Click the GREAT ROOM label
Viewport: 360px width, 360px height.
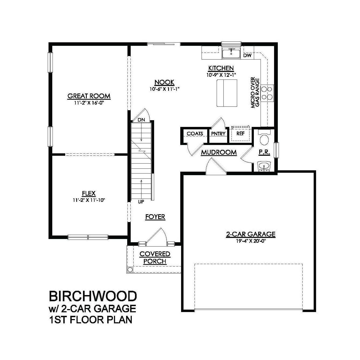pos(89,96)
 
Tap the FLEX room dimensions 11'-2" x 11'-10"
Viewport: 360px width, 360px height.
pos(89,200)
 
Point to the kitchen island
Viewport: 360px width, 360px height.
pos(227,93)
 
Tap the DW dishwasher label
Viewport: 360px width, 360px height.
pos(247,56)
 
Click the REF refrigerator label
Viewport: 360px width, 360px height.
pos(240,133)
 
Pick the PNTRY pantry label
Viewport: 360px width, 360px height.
pos(218,134)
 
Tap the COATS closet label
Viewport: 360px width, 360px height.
pos(195,134)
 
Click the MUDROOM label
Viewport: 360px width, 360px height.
pos(219,153)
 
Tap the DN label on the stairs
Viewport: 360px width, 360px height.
pos(141,120)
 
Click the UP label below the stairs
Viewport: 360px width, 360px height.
pos(141,202)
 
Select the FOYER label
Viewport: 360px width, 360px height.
pos(155,217)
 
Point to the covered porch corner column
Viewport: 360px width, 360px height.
pos(130,270)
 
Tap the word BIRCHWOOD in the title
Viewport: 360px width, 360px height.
pos(93,296)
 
